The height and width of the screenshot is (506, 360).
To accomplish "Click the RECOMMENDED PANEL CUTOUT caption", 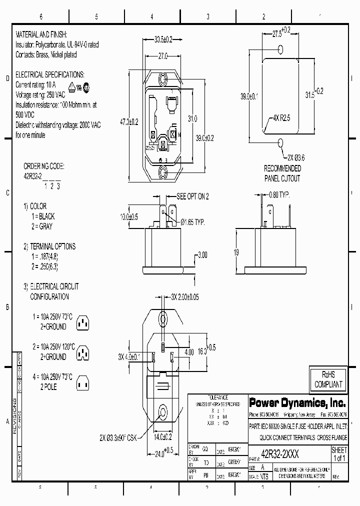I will coord(282,173).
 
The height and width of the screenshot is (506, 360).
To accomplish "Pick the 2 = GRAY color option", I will coord(42,225).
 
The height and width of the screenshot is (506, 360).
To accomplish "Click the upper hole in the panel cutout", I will coord(280,49).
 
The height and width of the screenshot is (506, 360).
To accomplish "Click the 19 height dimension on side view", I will coord(236,252).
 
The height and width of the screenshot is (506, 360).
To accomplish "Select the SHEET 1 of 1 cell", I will coord(339,454).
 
